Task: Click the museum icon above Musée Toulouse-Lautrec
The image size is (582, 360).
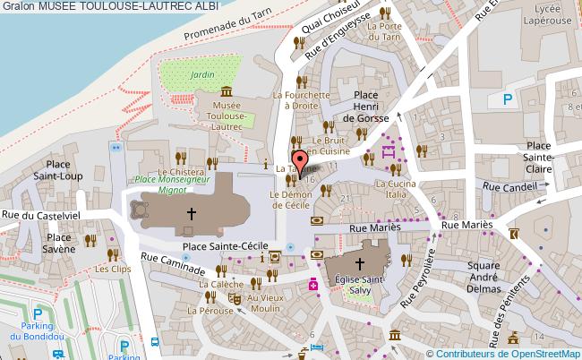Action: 225,92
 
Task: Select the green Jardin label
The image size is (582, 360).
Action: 202,75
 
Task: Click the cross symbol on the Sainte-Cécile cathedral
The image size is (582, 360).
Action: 190,213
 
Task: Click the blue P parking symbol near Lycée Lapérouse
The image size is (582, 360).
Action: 509,100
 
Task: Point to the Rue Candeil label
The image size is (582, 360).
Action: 507,188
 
